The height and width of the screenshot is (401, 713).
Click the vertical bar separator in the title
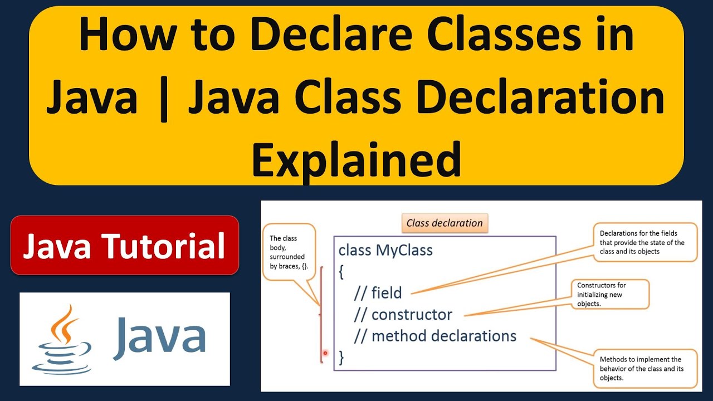(x=163, y=97)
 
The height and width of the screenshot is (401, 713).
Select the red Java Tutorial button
(x=124, y=246)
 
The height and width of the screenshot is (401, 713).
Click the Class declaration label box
(x=445, y=223)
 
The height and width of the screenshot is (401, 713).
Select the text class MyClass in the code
(x=385, y=250)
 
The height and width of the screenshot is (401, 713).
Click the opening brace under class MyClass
(x=341, y=272)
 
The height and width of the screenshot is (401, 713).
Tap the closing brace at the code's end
(x=341, y=358)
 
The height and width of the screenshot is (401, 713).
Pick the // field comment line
(x=378, y=292)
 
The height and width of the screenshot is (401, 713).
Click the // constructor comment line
(x=403, y=314)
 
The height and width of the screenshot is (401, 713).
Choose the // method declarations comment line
(x=435, y=336)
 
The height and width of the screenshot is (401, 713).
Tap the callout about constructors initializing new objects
(x=609, y=294)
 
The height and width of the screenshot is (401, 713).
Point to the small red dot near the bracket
(x=325, y=353)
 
